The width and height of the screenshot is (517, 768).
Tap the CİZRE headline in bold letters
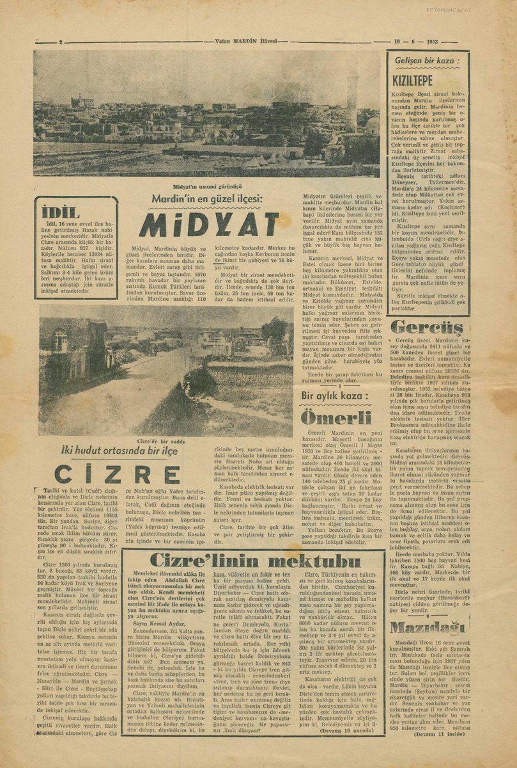click(x=117, y=474)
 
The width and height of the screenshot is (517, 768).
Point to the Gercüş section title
click(x=428, y=328)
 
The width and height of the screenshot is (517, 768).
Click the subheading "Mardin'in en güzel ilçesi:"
click(x=207, y=199)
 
